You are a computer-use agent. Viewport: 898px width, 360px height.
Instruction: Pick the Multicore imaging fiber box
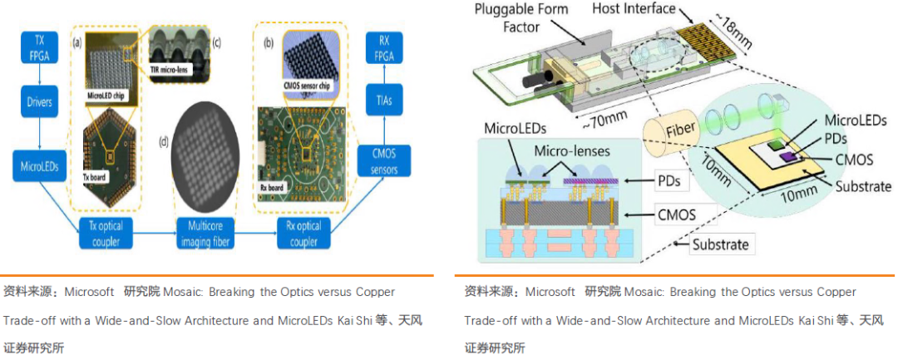pos(205,234)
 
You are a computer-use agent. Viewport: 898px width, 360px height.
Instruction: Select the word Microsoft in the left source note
pos(91,293)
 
